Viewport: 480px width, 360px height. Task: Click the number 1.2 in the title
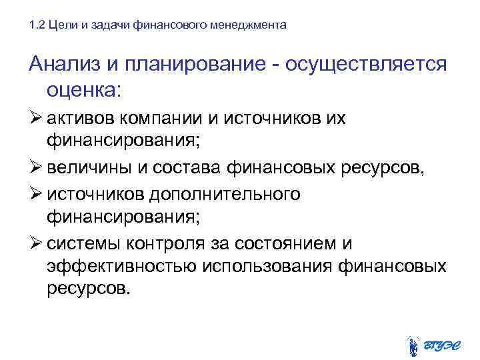point(37,25)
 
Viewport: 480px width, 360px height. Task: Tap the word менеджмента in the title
point(254,25)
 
